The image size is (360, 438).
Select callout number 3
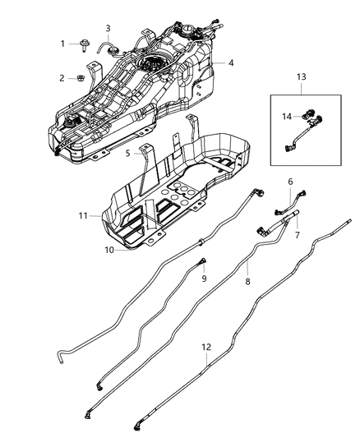[108, 29]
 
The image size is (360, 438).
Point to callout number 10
[109, 249]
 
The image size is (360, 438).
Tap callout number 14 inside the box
[287, 118]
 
